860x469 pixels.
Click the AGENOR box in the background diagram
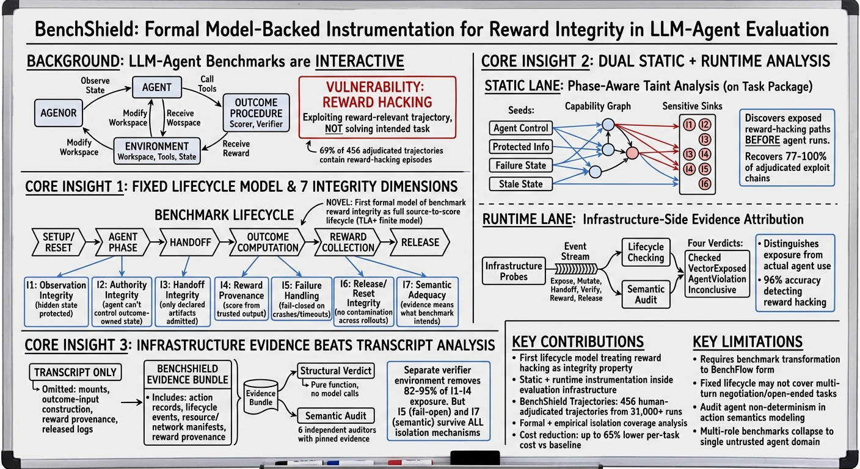59,113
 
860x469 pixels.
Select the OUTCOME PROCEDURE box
256,113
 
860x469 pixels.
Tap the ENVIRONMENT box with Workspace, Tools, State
156,151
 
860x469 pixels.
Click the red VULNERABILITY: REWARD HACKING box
377,107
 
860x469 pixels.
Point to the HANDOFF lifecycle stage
190,242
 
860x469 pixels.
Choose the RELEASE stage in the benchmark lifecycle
420,242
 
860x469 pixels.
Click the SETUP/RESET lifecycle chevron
59,242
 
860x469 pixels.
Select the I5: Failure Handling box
301,302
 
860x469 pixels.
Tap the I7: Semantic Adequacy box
427,302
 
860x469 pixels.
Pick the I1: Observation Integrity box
56,302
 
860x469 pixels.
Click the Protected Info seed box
520,147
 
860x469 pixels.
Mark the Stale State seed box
520,184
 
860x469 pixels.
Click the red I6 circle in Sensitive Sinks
704,184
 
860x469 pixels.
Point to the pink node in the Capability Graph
632,153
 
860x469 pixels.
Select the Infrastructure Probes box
514,271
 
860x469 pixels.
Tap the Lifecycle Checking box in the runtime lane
646,252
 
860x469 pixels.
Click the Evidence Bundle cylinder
261,397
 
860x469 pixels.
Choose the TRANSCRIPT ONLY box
75,373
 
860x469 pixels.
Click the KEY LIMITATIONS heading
748,341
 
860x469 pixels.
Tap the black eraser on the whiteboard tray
475,458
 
